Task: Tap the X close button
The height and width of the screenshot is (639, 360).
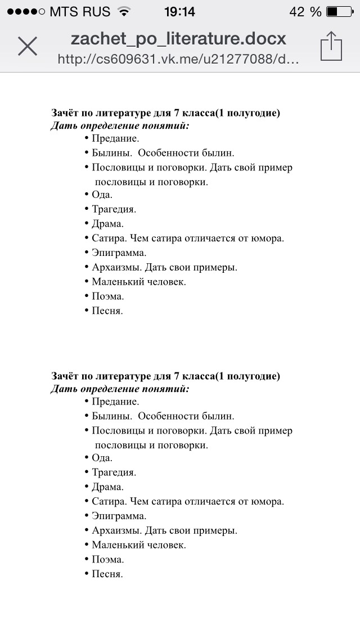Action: tap(27, 46)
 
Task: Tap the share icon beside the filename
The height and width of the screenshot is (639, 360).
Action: tap(331, 46)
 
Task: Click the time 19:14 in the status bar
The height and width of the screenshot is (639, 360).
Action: tap(179, 11)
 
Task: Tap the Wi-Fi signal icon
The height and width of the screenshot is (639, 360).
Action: tap(123, 11)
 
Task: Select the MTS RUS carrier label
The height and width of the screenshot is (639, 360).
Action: tap(79, 11)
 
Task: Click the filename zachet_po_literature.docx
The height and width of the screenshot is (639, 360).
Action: tap(178, 39)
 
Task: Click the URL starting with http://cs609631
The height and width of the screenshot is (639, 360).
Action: tap(178, 59)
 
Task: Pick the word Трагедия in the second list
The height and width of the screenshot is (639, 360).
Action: tap(114, 472)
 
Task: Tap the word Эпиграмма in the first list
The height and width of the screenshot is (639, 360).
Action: tap(119, 253)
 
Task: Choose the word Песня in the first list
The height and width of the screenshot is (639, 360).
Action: tap(106, 310)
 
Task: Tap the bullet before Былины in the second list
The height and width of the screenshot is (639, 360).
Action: tap(87, 416)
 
